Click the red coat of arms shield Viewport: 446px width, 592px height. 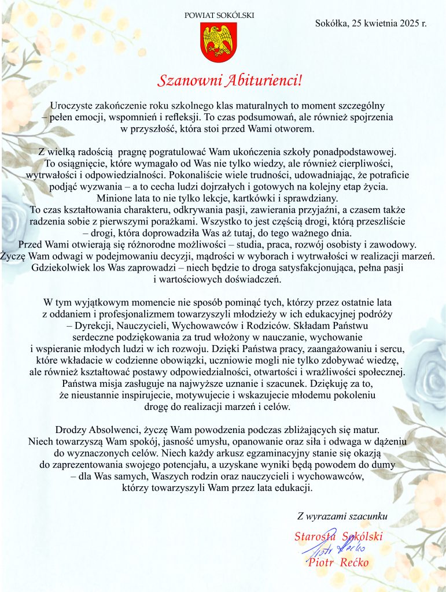219,44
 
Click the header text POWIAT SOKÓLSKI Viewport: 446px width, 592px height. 219,16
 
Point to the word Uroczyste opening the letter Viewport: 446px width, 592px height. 72,105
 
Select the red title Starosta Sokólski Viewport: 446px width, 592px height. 338,536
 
